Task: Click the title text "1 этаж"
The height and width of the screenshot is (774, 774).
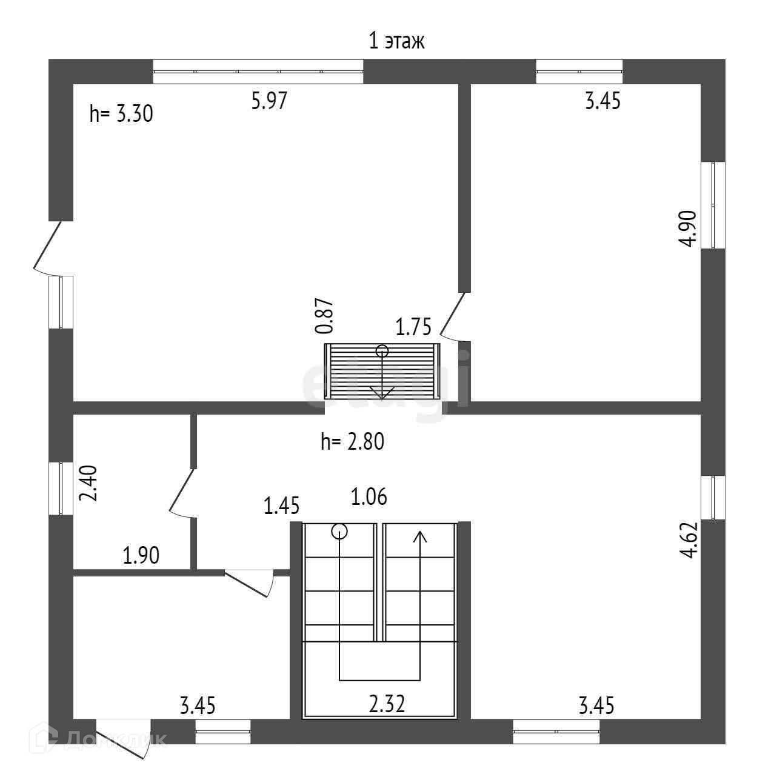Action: (397, 41)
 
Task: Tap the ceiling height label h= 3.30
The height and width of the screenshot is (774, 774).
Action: (121, 113)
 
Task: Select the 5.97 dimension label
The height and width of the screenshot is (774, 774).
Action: (269, 100)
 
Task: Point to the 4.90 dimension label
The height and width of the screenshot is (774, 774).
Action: (689, 228)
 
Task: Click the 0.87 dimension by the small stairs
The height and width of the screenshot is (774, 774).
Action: (325, 316)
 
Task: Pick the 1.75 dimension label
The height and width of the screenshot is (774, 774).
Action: (413, 327)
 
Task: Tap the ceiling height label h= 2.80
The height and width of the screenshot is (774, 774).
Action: (353, 442)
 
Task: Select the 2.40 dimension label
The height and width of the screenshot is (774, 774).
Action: (89, 482)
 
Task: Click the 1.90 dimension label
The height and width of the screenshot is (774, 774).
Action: (141, 555)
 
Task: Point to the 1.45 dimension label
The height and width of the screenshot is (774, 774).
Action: (281, 505)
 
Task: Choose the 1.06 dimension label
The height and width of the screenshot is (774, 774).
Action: (369, 497)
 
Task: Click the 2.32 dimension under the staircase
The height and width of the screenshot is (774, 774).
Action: (387, 704)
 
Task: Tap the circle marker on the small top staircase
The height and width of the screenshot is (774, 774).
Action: (382, 350)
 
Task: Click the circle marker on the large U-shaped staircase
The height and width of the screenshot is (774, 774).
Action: (339, 532)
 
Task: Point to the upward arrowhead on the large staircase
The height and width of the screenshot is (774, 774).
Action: (419, 536)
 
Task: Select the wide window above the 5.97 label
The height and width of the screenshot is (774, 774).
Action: (258, 72)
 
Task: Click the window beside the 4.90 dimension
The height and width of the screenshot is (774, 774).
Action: (713, 205)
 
